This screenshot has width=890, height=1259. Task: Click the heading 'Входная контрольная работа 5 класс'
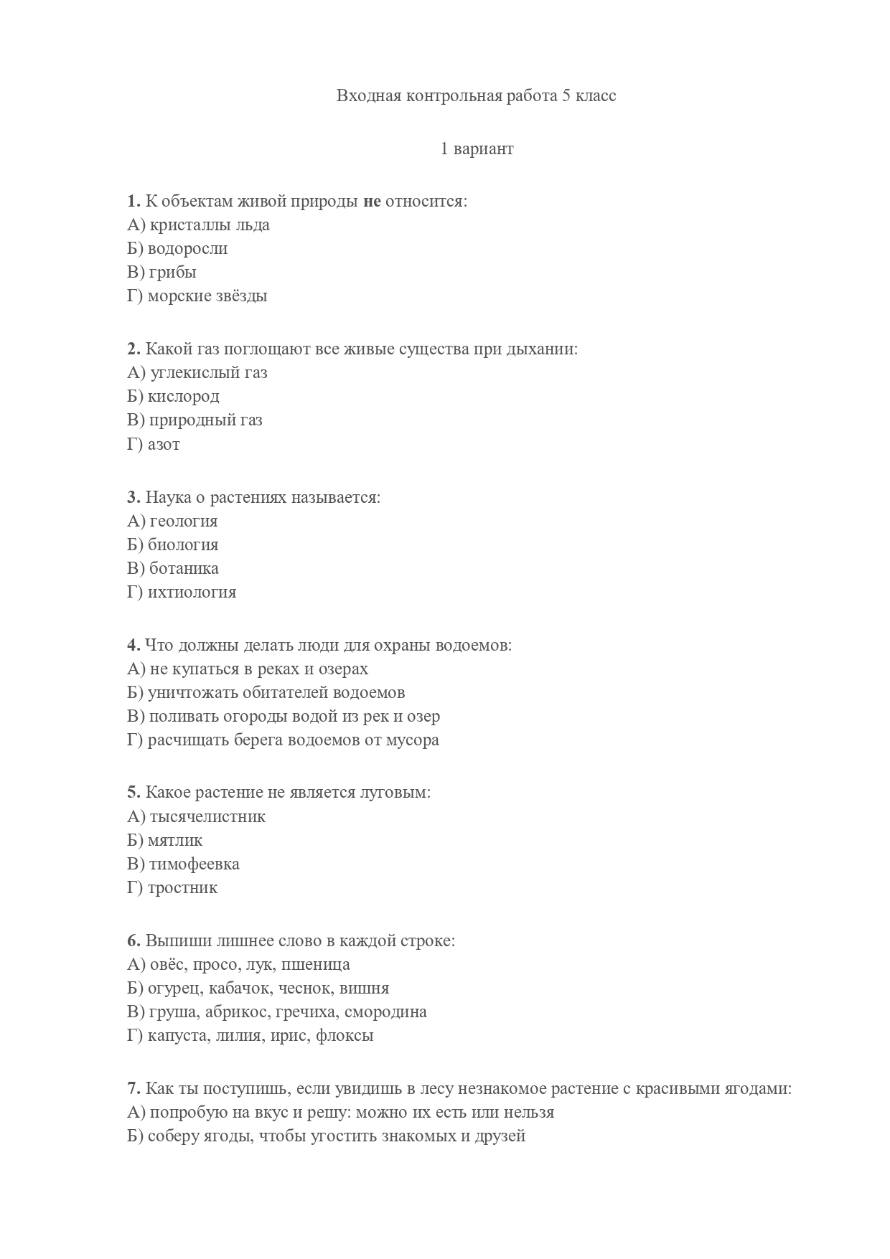(476, 96)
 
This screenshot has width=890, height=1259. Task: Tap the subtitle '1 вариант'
(477, 149)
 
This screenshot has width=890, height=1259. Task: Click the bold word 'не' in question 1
(372, 201)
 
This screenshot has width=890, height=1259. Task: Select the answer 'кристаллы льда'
(209, 225)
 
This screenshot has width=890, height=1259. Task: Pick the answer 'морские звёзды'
(207, 296)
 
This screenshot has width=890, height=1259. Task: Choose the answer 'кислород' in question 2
(183, 396)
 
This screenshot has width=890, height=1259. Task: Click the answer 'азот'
(164, 444)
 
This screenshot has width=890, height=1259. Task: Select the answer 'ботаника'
(184, 568)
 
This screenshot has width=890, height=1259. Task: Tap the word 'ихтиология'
(192, 593)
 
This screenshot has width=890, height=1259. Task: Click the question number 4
(133, 645)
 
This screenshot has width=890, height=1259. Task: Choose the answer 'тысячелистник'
(207, 816)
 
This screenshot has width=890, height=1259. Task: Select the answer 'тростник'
(182, 888)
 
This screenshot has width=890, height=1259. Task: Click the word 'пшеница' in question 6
(323, 965)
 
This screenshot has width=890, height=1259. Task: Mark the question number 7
(133, 1089)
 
